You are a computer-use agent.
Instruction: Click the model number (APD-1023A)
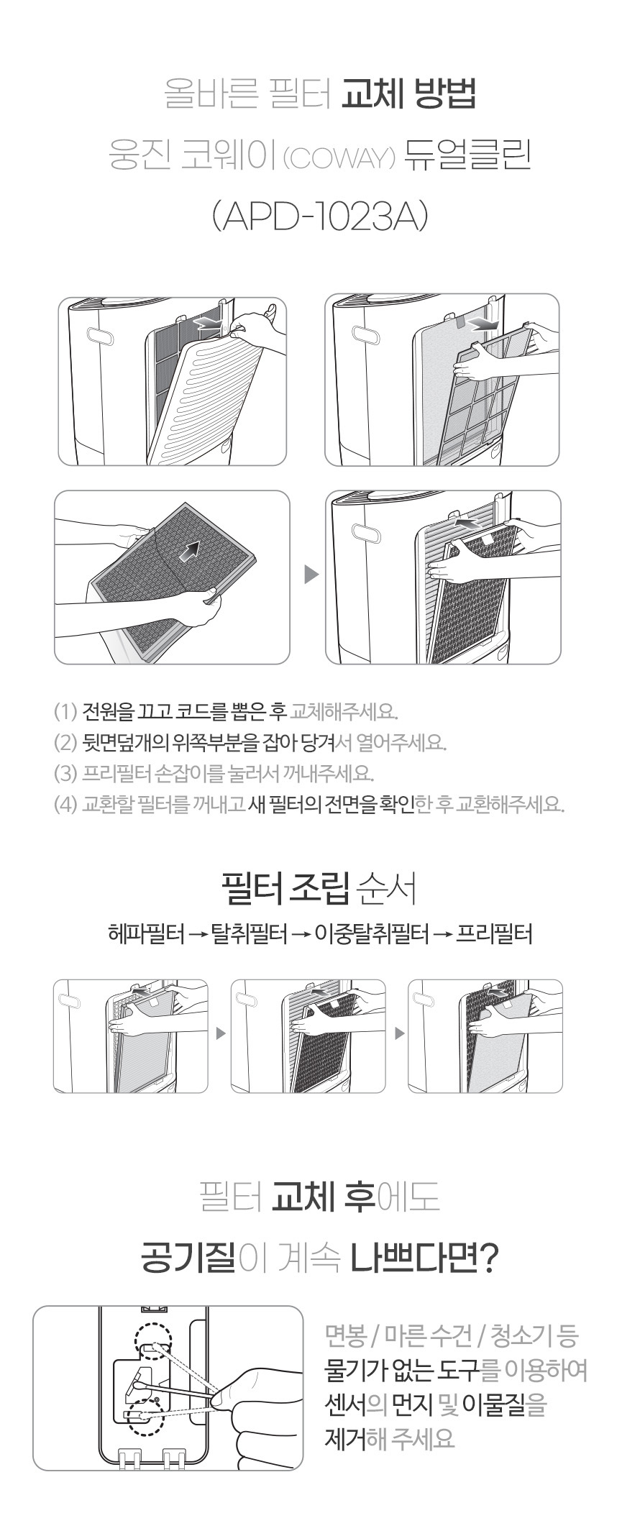[320, 216]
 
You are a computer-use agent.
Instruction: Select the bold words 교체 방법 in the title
[408, 94]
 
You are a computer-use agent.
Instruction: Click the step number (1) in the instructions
[65, 712]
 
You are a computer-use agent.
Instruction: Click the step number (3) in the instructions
[65, 773]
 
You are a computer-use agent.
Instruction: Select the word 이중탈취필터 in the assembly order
[372, 934]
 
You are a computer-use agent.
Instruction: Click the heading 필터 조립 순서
[320, 889]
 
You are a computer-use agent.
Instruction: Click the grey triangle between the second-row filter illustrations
[311, 575]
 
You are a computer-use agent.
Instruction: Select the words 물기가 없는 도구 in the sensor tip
[402, 1370]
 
